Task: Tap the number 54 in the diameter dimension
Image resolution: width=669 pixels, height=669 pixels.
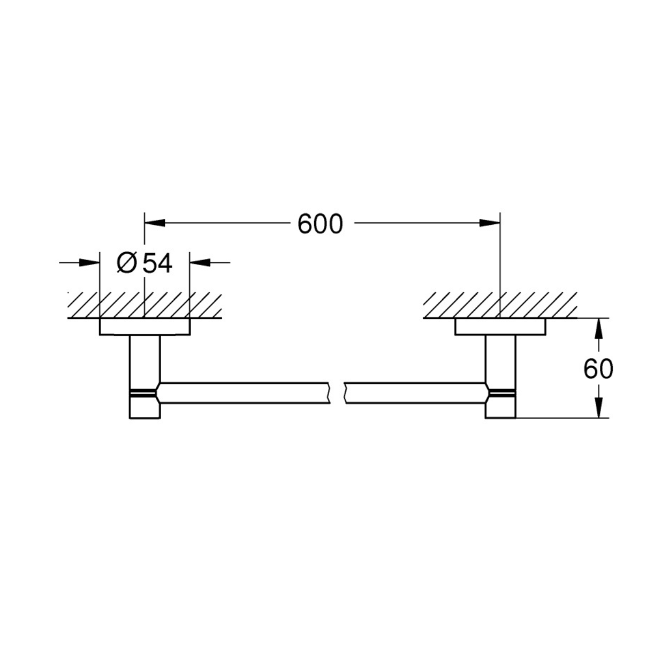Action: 157,263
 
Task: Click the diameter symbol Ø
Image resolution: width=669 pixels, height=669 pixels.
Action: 126,263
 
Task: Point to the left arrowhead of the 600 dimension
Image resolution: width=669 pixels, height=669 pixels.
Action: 155,223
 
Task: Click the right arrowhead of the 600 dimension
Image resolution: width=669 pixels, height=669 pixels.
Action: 490,223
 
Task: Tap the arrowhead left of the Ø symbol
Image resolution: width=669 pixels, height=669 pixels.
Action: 89,262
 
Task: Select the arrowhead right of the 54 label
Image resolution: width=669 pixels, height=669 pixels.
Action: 200,262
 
